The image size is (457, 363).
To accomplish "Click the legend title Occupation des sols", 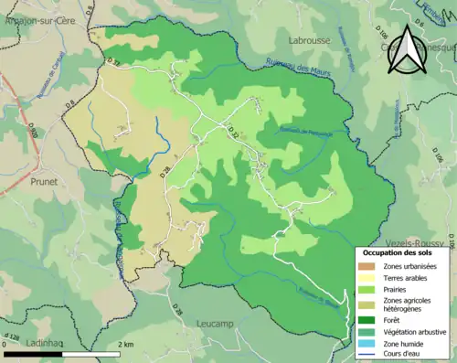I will point(397,251).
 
